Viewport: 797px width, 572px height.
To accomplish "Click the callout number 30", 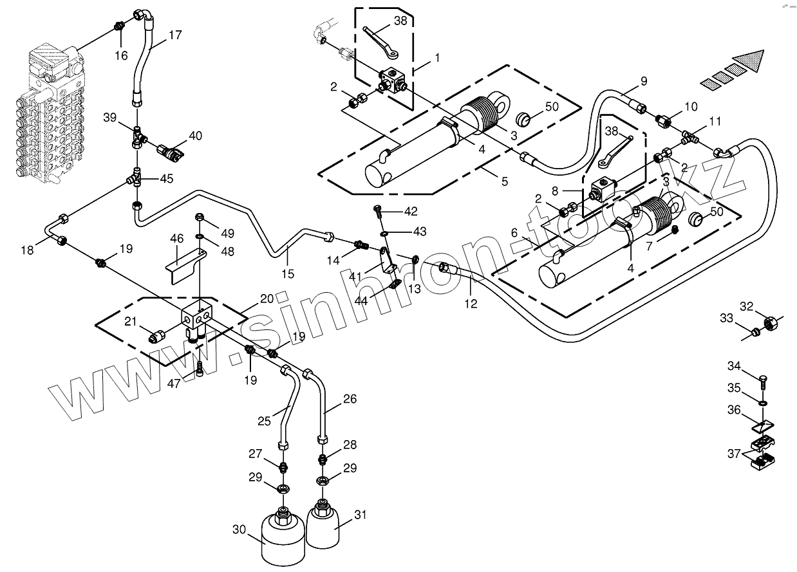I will (239, 530).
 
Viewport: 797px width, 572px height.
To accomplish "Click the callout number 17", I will (176, 35).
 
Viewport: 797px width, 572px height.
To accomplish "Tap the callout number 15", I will (288, 273).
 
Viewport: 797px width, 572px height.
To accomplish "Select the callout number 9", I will (643, 81).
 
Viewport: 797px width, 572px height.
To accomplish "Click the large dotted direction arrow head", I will (751, 60).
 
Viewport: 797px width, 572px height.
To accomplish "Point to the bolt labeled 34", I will (763, 385).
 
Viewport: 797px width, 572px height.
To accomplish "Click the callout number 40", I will (195, 136).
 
